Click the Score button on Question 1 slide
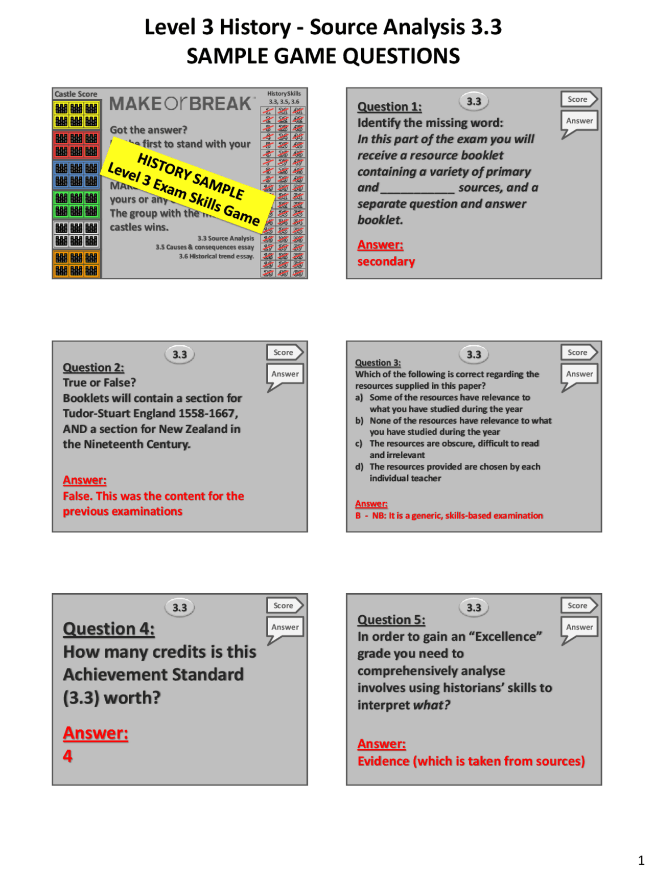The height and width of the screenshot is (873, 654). (578, 99)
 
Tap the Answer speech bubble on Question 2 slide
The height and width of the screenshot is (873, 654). (285, 374)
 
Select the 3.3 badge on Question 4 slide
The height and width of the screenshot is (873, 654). (179, 608)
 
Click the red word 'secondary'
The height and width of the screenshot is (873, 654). (386, 262)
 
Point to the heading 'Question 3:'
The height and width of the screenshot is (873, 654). (378, 363)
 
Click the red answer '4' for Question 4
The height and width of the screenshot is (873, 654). (67, 756)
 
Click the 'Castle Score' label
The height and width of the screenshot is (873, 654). (76, 94)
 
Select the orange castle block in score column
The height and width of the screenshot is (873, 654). (77, 264)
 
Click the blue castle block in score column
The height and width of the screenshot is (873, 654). (77, 174)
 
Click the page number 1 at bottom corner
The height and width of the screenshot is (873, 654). (641, 860)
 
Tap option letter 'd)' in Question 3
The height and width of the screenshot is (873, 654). (359, 467)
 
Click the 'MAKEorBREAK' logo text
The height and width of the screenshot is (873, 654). (180, 104)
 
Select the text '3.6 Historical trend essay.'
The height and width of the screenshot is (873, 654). (216, 257)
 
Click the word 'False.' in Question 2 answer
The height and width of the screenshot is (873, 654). (78, 496)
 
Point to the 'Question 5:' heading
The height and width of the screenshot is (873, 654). (391, 620)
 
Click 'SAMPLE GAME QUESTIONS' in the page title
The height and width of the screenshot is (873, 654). (323, 56)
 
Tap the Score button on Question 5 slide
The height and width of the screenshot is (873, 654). (578, 606)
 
